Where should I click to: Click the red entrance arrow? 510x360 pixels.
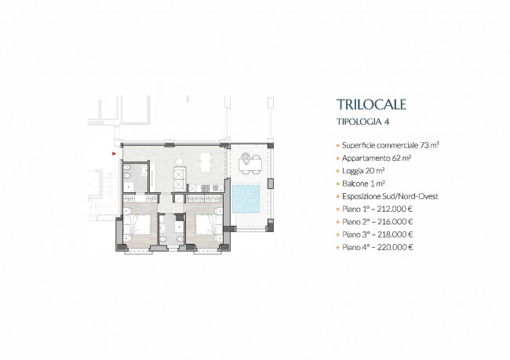click(x=115, y=154)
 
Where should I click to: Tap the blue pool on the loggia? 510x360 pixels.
click(x=246, y=198)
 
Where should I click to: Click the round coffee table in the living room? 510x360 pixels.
click(x=180, y=161)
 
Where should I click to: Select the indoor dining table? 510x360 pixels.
click(x=206, y=162)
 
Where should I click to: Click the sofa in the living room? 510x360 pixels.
click(x=180, y=179)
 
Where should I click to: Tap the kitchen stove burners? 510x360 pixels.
click(x=206, y=188)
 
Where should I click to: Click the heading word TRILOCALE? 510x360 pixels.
click(x=371, y=104)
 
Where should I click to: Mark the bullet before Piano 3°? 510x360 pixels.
click(x=338, y=235)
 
